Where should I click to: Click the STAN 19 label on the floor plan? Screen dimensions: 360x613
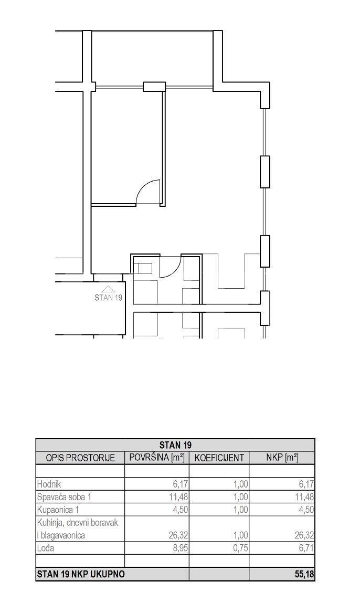108,297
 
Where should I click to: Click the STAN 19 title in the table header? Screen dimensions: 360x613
175,445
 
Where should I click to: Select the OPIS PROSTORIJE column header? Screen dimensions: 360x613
80,458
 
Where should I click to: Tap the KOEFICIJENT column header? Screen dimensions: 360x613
219,458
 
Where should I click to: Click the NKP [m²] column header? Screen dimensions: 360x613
282,458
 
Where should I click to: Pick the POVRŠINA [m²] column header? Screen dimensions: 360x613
156,458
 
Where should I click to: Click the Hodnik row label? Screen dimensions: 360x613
49,484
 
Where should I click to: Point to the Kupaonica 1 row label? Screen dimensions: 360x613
59,510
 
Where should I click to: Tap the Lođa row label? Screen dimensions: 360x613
46,548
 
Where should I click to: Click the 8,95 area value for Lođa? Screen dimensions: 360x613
181,548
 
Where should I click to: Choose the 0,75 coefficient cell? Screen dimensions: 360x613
240,548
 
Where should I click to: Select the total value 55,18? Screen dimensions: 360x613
304,575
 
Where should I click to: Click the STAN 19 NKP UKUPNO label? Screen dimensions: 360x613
81,575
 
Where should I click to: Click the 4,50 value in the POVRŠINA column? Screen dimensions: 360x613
181,510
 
